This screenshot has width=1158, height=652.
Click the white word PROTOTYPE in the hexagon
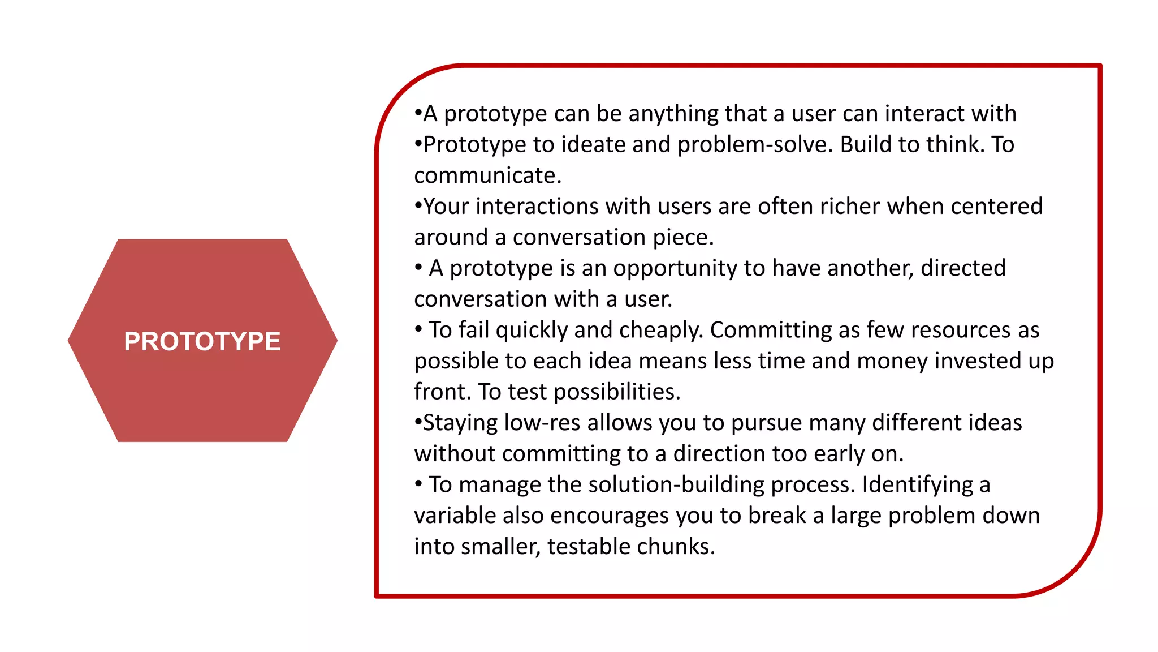click(202, 341)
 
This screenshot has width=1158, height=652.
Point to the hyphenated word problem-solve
click(755, 145)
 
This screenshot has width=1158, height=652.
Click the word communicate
click(487, 175)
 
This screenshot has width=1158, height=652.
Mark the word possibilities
click(617, 392)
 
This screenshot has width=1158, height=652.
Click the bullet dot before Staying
click(418, 422)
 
